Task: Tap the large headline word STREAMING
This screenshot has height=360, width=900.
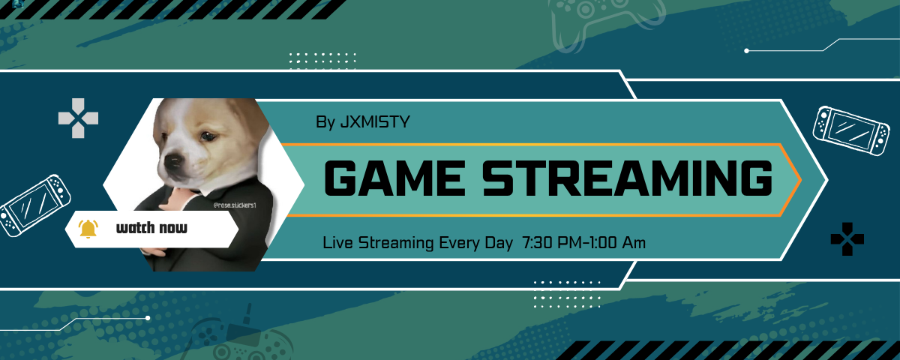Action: pyautogui.click(x=627, y=178)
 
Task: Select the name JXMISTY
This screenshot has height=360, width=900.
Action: pyautogui.click(x=375, y=121)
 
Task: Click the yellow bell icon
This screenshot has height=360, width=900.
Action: pyautogui.click(x=88, y=229)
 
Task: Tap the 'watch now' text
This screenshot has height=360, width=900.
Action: pyautogui.click(x=151, y=228)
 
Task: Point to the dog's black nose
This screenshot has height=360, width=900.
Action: pyautogui.click(x=173, y=161)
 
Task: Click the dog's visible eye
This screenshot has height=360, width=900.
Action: pyautogui.click(x=208, y=136)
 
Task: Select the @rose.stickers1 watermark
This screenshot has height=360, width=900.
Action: pyautogui.click(x=235, y=205)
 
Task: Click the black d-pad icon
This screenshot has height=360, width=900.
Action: pyautogui.click(x=847, y=239)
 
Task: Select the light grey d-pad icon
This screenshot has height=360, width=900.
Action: pyautogui.click(x=78, y=118)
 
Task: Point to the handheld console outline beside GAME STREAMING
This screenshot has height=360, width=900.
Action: pyautogui.click(x=851, y=130)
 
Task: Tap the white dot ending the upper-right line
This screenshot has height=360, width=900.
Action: pyautogui.click(x=746, y=51)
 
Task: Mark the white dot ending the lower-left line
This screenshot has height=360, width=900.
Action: pyautogui.click(x=148, y=318)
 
